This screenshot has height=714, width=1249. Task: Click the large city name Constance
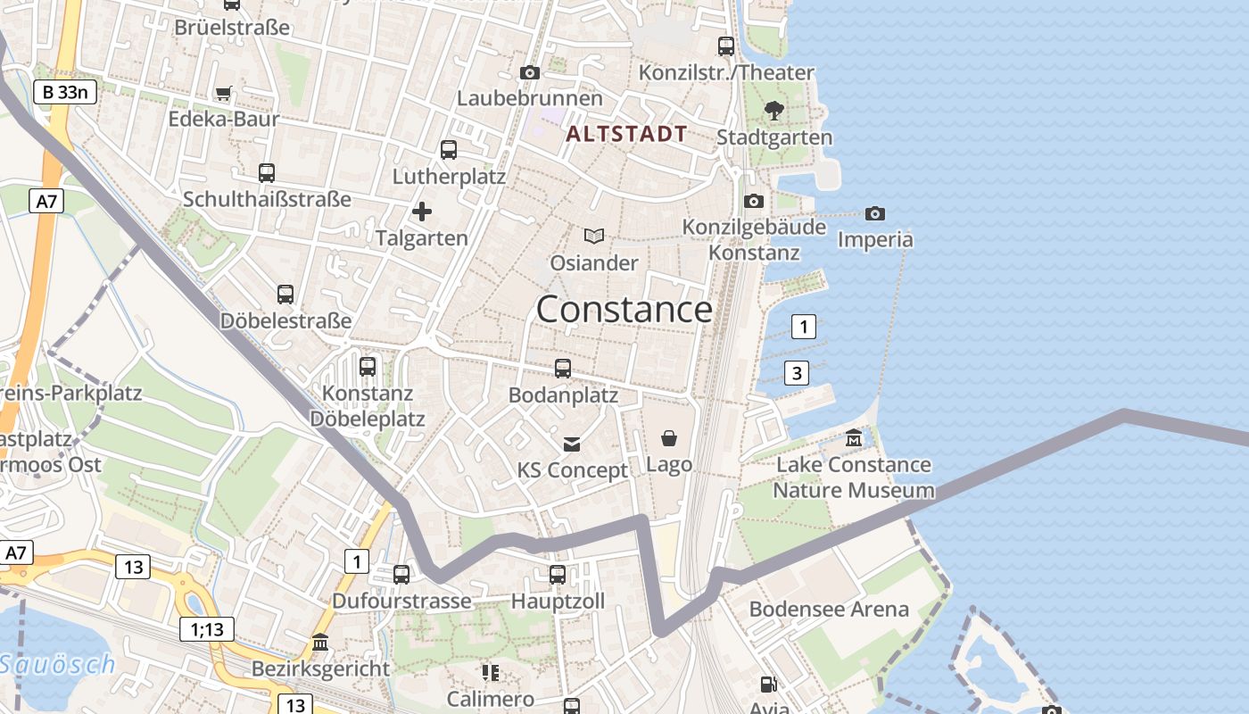pyautogui.click(x=624, y=310)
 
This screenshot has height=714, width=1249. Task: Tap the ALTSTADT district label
pyautogui.click(x=626, y=135)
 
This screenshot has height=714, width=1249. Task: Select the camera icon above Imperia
pyautogui.click(x=875, y=213)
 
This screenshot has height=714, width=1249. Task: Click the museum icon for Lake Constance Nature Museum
pyautogui.click(x=854, y=438)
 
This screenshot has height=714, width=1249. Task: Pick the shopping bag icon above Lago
pyautogui.click(x=668, y=438)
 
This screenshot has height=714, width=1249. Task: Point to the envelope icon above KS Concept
pyautogui.click(x=572, y=444)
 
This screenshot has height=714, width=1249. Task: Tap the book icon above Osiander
pyautogui.click(x=594, y=237)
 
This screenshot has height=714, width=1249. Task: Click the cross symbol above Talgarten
pyautogui.click(x=422, y=212)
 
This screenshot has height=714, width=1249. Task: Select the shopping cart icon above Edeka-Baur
pyautogui.click(x=224, y=93)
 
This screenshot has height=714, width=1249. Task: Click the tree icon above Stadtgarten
pyautogui.click(x=774, y=111)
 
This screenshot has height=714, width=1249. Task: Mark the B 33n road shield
pyautogui.click(x=65, y=91)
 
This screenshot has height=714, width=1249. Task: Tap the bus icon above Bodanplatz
pyautogui.click(x=563, y=368)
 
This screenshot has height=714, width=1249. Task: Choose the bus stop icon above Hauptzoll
pyautogui.click(x=558, y=575)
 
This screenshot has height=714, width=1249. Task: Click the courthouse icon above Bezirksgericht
pyautogui.click(x=320, y=643)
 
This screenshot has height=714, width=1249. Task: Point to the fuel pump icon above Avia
pyautogui.click(x=768, y=685)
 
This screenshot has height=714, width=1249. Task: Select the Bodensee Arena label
pyautogui.click(x=829, y=610)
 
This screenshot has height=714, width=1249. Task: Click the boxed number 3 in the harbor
pyautogui.click(x=797, y=372)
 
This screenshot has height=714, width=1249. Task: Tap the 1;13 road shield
pyautogui.click(x=207, y=629)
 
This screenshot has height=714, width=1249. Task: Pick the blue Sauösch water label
pyautogui.click(x=58, y=665)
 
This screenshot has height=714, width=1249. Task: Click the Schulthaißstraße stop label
pyautogui.click(x=267, y=199)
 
